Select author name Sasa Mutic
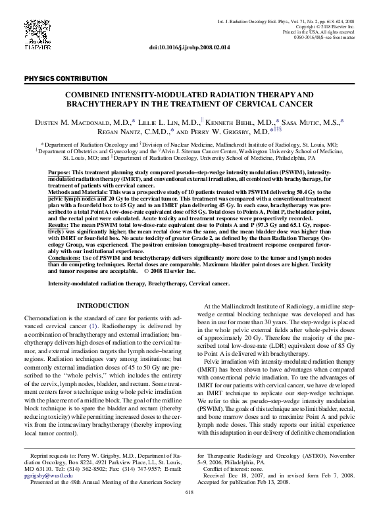tap(315, 122)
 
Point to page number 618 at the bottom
tap(189, 492)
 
